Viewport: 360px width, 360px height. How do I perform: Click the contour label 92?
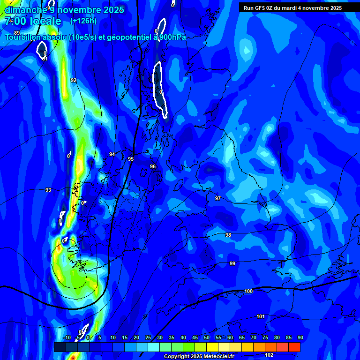click(74, 80)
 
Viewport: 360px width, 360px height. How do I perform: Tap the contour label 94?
click(112, 154)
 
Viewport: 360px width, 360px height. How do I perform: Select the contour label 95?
click(131, 159)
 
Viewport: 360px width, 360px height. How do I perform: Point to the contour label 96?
click(153, 166)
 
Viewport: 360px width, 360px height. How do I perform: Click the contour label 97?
click(218, 198)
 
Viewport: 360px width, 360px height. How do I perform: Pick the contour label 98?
click(228, 235)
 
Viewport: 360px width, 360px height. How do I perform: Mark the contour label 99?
click(232, 263)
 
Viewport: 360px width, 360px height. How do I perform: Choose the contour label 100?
click(248, 291)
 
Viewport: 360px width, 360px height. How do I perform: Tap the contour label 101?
click(261, 316)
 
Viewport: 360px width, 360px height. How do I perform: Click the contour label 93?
click(48, 190)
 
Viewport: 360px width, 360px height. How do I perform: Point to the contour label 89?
click(17, 32)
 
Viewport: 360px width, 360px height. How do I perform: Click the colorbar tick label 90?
click(300, 337)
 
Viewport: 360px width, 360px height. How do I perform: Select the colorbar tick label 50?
click(207, 337)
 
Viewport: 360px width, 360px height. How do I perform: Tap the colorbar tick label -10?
click(67, 337)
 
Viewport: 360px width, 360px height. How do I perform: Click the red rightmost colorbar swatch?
click(294, 347)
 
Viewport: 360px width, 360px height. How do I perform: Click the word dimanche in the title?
click(26, 9)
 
